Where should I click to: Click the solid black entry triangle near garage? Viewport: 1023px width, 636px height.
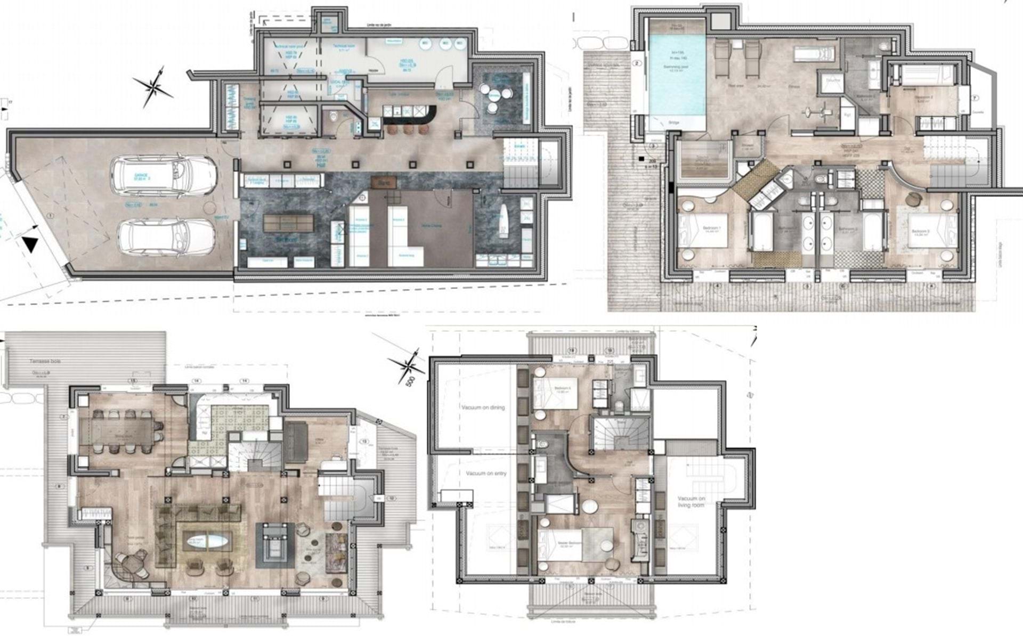[x=31, y=246]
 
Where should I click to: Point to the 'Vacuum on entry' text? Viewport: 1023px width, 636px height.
[x=485, y=474]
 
